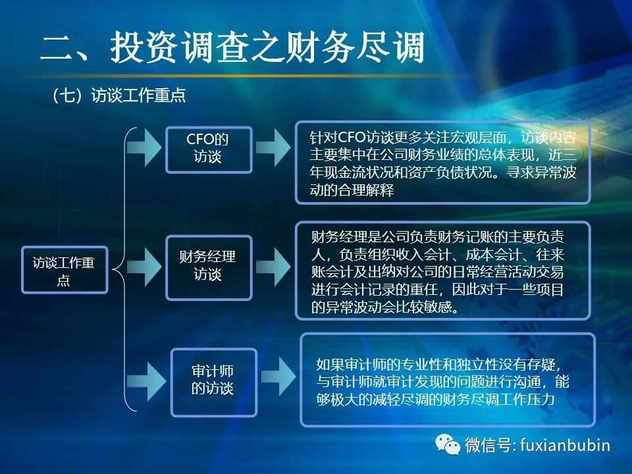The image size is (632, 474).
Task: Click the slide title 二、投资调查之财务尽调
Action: (232, 47)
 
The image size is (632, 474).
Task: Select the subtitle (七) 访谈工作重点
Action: (119, 95)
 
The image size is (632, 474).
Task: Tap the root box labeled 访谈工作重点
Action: (65, 270)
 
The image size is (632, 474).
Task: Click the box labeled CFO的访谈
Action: (209, 149)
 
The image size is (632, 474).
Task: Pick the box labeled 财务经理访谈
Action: (209, 268)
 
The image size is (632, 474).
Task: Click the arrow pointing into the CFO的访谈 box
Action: (144, 148)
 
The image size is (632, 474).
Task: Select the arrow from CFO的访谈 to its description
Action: (273, 148)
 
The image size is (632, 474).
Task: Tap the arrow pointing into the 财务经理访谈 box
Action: (144, 267)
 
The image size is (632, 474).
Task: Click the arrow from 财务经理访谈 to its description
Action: (273, 267)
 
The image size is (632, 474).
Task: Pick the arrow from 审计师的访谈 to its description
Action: (278, 377)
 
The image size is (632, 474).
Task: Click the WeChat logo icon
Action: (448, 444)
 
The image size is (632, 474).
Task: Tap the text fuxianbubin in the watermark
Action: (565, 445)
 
